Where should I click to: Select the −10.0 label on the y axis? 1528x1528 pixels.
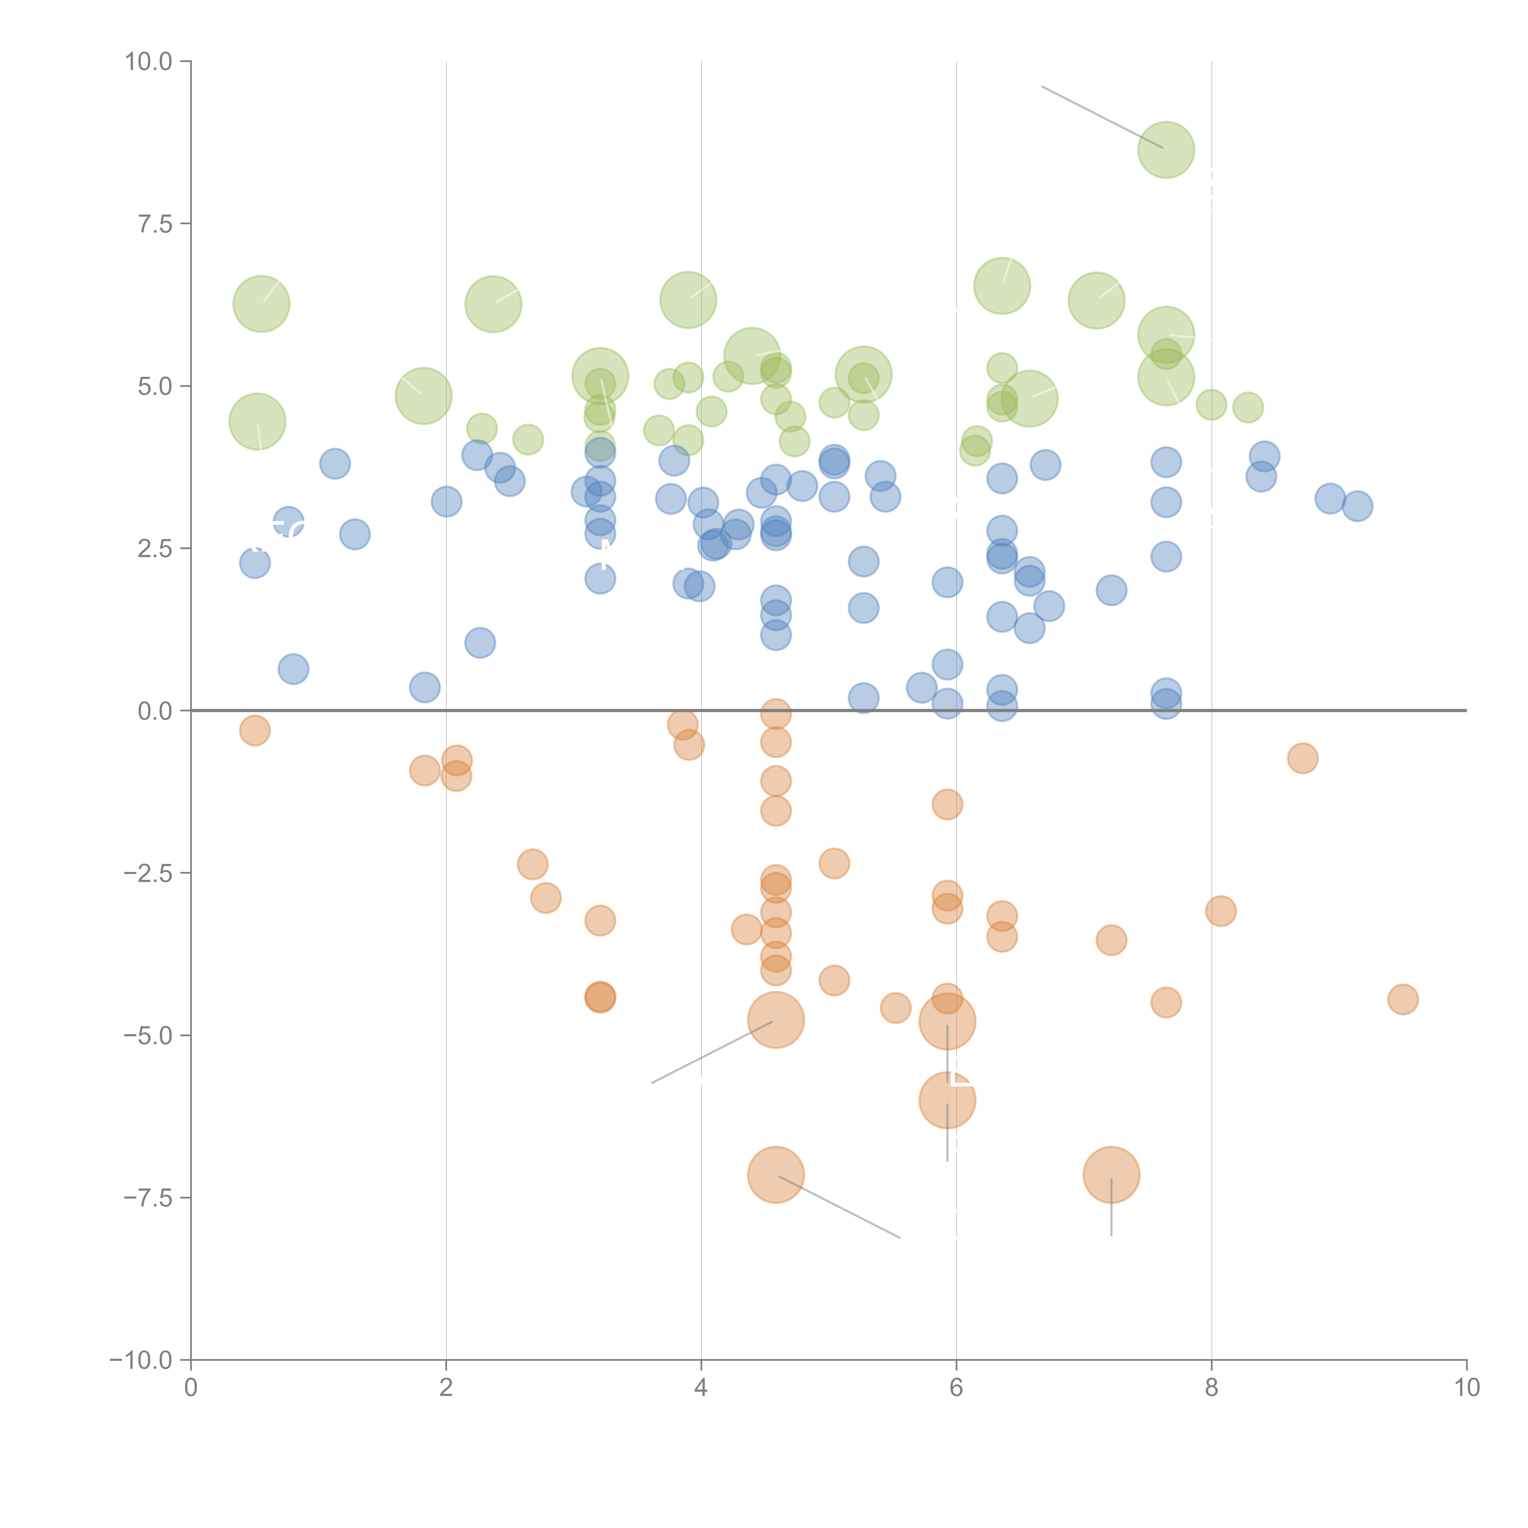click(141, 1360)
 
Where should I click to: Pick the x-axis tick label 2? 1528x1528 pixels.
click(446, 1388)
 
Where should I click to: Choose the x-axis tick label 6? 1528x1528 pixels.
click(956, 1388)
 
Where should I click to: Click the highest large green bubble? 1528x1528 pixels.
click(1166, 149)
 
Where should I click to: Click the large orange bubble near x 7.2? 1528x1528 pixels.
click(1111, 1174)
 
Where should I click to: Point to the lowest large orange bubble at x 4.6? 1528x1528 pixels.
click(776, 1174)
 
